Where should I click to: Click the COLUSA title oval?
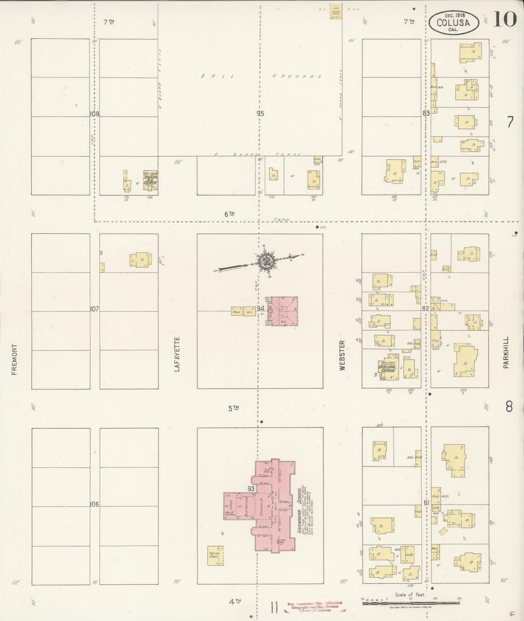coord(454,22)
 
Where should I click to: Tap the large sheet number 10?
coord(505,19)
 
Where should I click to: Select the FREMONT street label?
coord(14,359)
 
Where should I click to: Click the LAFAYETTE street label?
coord(177,354)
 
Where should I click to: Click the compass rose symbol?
coord(267,260)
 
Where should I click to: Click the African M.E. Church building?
coord(150,180)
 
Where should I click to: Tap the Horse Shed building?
coord(215,555)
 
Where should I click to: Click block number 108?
coord(95,114)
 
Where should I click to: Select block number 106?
coord(95,504)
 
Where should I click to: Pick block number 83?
coord(426,113)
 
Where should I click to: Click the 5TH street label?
coord(234,409)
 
